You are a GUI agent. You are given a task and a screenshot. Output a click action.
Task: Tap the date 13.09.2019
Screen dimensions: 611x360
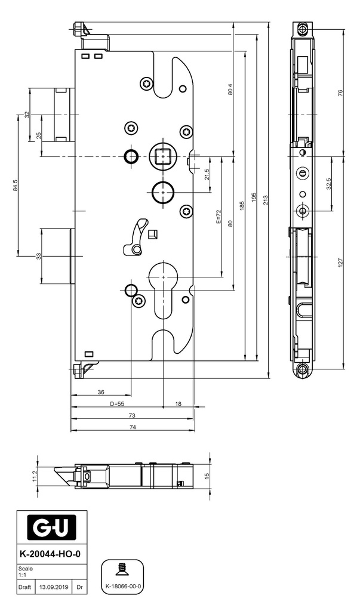click(x=54, y=587)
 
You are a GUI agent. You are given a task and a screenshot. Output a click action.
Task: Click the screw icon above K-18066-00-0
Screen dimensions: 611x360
click(x=124, y=570)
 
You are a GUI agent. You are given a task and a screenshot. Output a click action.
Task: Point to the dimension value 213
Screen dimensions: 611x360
click(x=266, y=199)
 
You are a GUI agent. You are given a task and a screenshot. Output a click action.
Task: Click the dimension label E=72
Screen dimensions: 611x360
click(x=219, y=217)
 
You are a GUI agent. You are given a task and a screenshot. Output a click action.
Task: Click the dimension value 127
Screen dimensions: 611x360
click(x=340, y=263)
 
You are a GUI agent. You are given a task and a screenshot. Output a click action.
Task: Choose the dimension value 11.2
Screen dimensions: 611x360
click(x=35, y=476)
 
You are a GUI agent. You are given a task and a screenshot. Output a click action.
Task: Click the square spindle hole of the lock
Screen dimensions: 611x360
click(x=163, y=156)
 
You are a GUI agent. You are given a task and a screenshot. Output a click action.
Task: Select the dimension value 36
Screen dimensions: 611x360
click(x=101, y=392)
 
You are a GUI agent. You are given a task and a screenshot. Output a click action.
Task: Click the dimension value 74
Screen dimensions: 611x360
click(x=133, y=427)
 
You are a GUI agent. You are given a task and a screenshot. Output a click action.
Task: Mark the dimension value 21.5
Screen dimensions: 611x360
click(x=207, y=174)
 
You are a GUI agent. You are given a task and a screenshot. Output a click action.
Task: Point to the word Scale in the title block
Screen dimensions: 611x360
click(x=26, y=569)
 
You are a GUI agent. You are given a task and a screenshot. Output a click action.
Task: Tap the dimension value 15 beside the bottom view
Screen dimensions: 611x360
click(x=207, y=476)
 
